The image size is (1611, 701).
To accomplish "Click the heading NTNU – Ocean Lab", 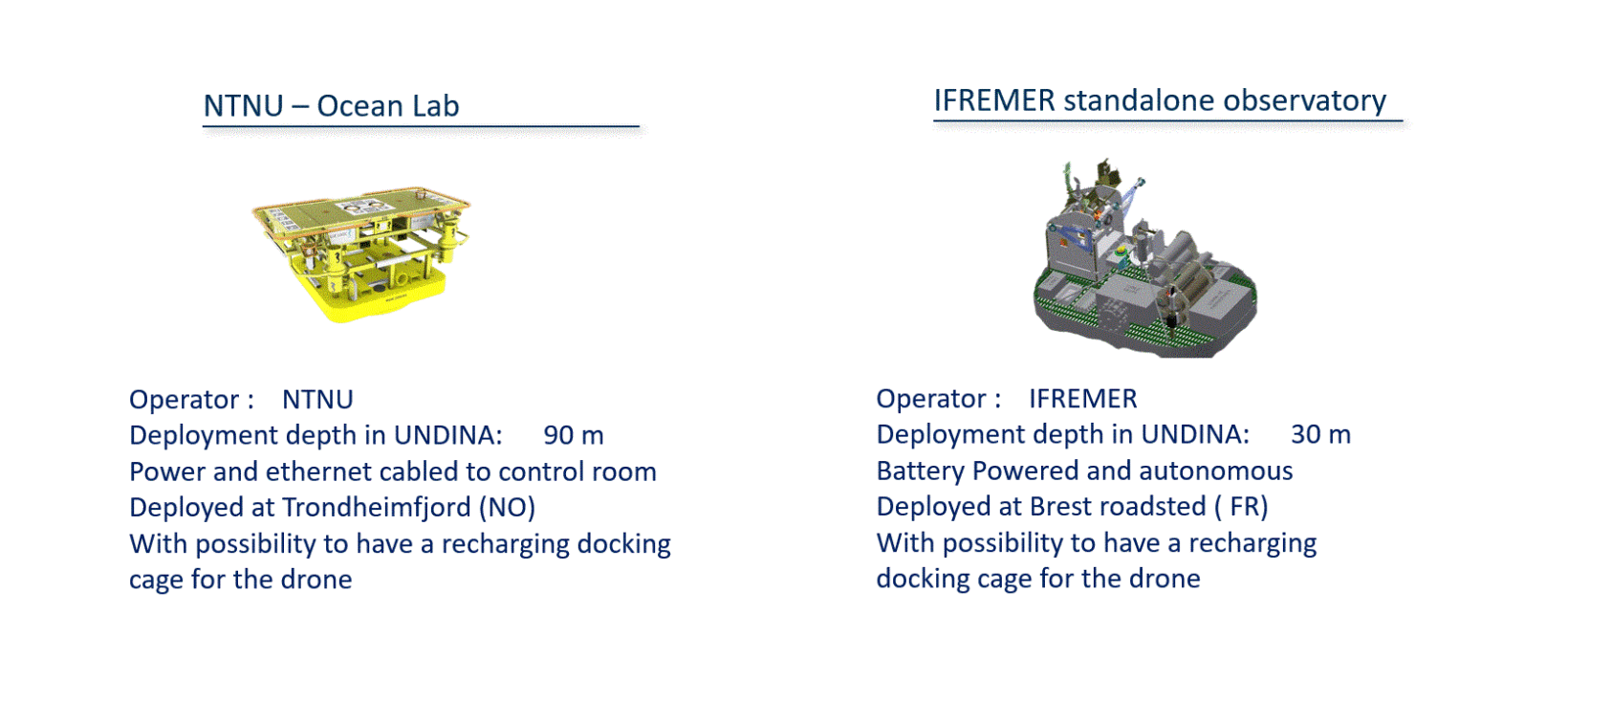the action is tap(331, 106).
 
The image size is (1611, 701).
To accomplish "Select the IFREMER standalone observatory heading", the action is tap(1160, 100).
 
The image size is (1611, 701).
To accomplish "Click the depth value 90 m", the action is tap(574, 435).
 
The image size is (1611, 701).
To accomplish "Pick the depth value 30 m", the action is tap(1320, 435).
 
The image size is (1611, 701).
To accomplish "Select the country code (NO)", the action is tap(508, 508).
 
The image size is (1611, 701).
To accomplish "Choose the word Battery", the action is tap(920, 471).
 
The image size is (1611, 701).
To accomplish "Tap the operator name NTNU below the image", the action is tap(317, 400).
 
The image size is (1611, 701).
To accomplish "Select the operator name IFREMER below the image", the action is tap(1082, 399).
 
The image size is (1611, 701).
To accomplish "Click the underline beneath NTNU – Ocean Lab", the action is tap(421, 126).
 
